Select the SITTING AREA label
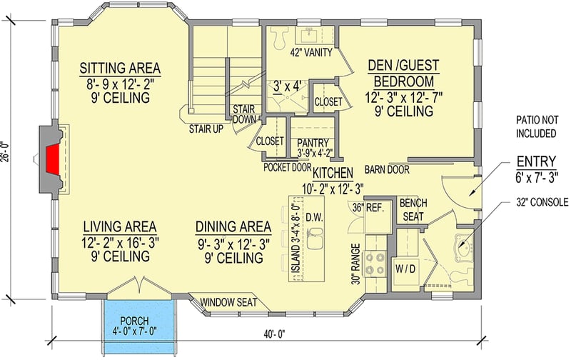tap(120, 69)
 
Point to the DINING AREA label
tap(233, 227)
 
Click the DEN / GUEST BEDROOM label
tap(402, 72)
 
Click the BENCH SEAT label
tap(413, 210)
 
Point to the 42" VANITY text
tap(310, 52)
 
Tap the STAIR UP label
tap(205, 130)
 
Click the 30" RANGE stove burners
tap(374, 264)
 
